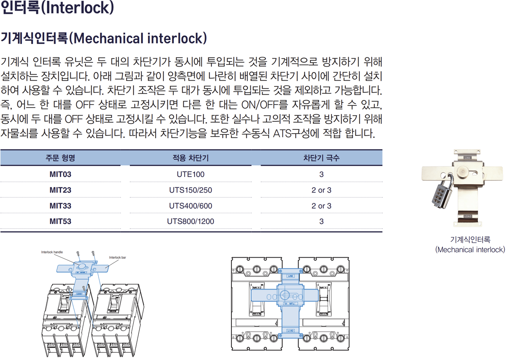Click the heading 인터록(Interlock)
point(57,9)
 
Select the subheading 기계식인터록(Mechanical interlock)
point(104,38)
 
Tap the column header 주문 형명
point(60,158)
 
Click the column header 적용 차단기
point(190,158)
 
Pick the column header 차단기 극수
point(321,158)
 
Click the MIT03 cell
point(60,174)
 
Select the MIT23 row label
point(60,190)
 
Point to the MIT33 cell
point(60,206)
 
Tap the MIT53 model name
point(60,221)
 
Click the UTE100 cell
point(190,174)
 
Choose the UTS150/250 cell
point(190,190)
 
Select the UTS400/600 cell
point(190,206)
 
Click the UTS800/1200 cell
point(190,221)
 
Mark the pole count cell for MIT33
point(321,206)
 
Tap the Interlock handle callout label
point(52,252)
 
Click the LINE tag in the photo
point(468,158)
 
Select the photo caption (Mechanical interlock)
point(470,250)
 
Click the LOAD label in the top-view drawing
point(291,330)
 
